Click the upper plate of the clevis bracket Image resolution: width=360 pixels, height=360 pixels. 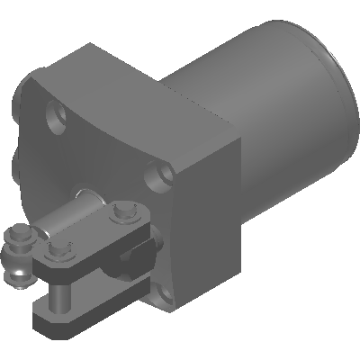[90, 238]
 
